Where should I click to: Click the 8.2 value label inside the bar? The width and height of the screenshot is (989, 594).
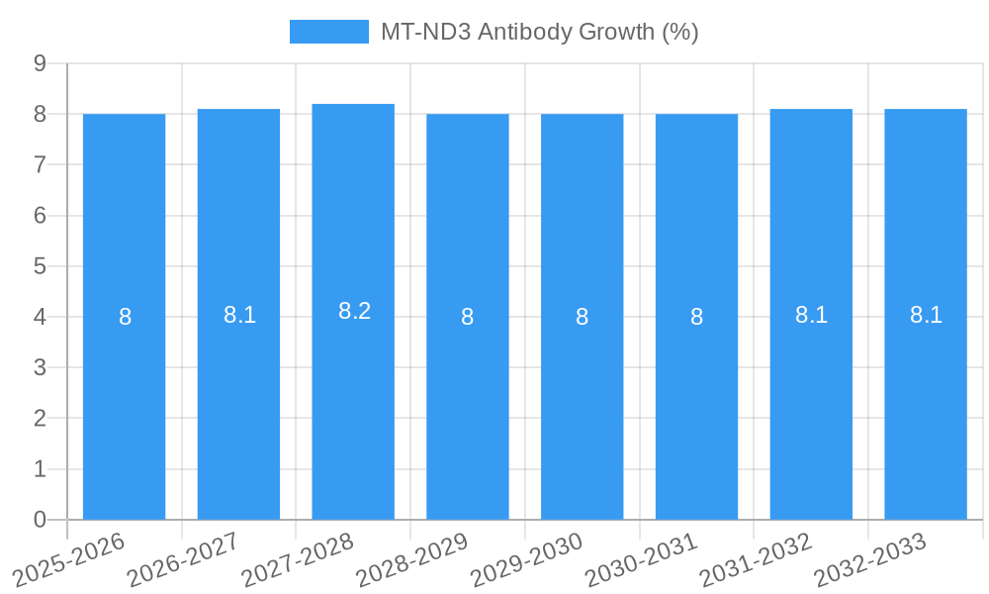pyautogui.click(x=354, y=311)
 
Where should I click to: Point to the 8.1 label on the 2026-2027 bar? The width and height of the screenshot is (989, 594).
pyautogui.click(x=239, y=315)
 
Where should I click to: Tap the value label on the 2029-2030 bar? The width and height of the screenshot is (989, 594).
pyautogui.click(x=582, y=317)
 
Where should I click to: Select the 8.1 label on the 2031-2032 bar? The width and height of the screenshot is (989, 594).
pyautogui.click(x=811, y=315)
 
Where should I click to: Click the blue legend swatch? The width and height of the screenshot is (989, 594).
pyautogui.click(x=328, y=32)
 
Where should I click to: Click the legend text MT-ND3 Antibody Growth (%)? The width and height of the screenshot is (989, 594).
pyautogui.click(x=540, y=32)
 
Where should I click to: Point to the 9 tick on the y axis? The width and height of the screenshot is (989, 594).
pyautogui.click(x=40, y=63)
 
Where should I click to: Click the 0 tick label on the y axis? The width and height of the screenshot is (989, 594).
pyautogui.click(x=40, y=520)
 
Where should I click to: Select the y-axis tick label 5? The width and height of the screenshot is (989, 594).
pyautogui.click(x=40, y=266)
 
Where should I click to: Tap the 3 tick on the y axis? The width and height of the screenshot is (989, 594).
pyautogui.click(x=40, y=368)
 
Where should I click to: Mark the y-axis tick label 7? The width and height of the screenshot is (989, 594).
pyautogui.click(x=40, y=164)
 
